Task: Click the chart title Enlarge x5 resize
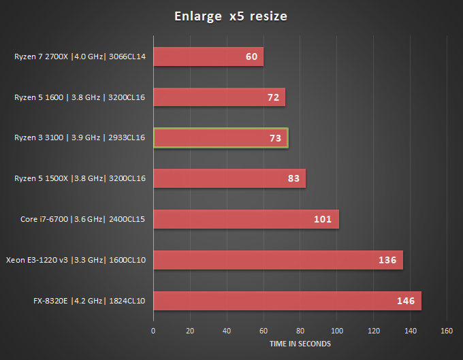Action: point(231,16)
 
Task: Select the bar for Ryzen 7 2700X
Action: point(208,56)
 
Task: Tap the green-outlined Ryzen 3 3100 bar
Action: point(221,138)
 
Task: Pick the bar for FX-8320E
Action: point(287,301)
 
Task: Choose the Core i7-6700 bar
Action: point(246,219)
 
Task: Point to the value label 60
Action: point(252,56)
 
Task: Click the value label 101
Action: point(323,220)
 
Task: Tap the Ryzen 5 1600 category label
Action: point(80,97)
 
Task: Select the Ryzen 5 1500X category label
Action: point(80,178)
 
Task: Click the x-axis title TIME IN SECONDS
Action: point(300,344)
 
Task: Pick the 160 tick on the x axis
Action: point(447,331)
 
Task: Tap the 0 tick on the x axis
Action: point(153,331)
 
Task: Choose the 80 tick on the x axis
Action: point(300,331)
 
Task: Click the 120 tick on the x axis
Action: point(373,331)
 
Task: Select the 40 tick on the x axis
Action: point(227,331)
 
